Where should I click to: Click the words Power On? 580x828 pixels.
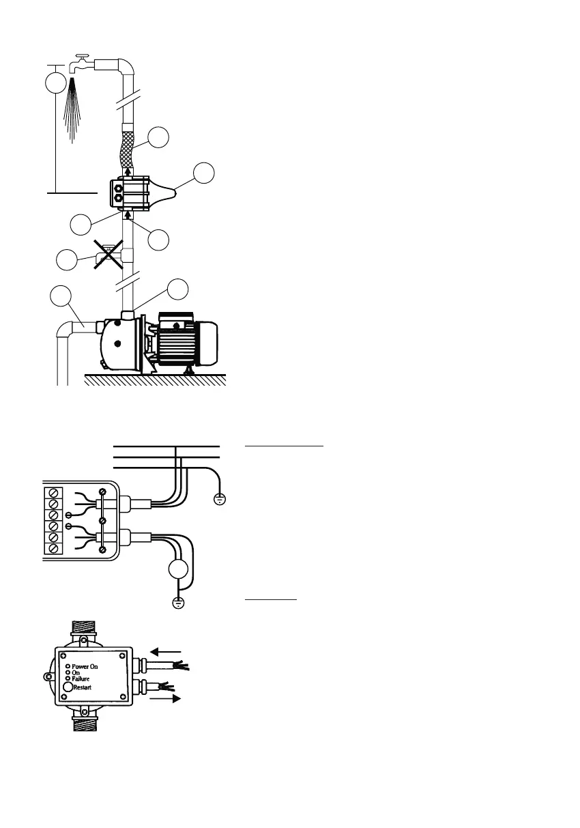89,664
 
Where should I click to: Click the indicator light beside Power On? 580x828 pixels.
68,664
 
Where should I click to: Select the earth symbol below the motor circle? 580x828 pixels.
178,602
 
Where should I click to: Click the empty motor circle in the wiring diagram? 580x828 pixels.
178,571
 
